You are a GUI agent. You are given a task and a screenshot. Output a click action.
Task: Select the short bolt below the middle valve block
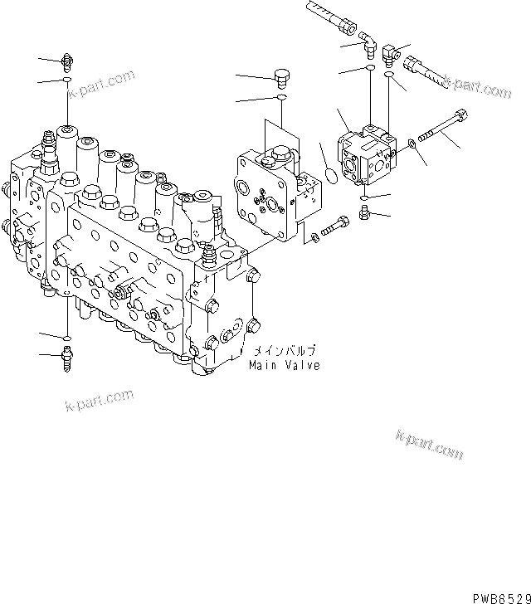coord(334,226)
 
